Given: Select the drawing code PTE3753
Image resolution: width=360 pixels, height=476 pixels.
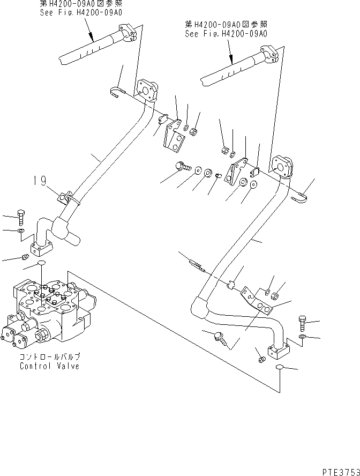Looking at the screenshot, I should pyautogui.click(x=340, y=470).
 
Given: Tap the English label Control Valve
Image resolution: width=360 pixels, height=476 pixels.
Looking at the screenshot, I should pyautogui.click(x=49, y=366).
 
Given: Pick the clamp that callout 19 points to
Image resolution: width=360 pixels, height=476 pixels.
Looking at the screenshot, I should pyautogui.click(x=66, y=198).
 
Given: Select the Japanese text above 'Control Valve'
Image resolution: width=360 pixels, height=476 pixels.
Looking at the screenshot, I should pyautogui.click(x=49, y=356).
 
